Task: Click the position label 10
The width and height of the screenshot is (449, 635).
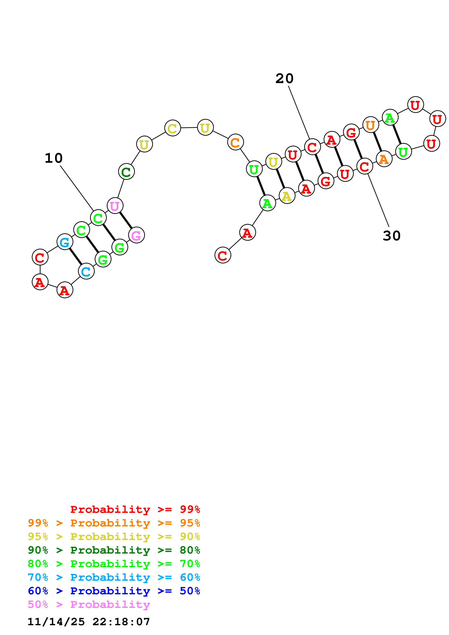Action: [54, 158]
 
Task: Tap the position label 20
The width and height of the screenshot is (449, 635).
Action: [284, 79]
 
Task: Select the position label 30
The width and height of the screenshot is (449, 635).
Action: [391, 236]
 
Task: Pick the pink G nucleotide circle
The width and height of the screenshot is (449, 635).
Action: [136, 235]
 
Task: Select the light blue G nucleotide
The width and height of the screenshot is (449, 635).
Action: [65, 242]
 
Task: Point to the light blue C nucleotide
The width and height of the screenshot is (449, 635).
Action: [86, 272]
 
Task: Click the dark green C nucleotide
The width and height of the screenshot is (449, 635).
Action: [126, 172]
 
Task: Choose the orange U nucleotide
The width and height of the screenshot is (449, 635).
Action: [370, 125]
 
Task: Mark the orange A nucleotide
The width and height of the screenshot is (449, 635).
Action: [384, 159]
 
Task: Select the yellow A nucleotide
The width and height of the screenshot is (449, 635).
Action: [287, 196]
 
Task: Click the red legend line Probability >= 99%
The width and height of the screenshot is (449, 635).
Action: [135, 509]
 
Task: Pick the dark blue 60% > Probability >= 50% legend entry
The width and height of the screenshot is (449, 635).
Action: [114, 591]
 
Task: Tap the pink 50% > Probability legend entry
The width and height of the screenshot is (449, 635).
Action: [89, 605]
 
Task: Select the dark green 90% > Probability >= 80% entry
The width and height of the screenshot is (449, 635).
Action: [114, 550]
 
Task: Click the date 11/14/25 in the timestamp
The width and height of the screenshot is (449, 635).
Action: [56, 622]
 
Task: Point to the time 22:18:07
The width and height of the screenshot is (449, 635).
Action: [121, 622]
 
